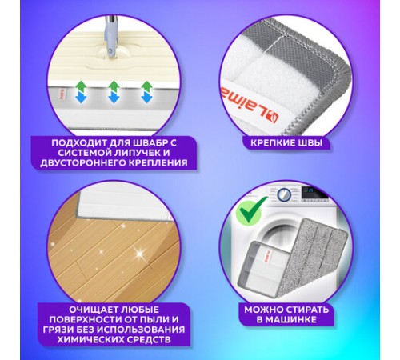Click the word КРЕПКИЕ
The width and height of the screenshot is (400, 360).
click(x=271, y=143)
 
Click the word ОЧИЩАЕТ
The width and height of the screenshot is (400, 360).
click(x=94, y=310)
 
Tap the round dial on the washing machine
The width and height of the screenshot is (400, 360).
click(x=283, y=194)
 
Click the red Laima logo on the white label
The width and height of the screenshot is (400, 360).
click(x=249, y=105)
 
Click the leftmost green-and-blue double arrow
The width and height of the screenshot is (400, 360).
click(x=81, y=92)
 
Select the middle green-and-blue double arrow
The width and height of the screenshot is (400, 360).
click(x=114, y=92)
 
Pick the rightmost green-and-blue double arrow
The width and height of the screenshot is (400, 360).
click(x=146, y=92)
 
